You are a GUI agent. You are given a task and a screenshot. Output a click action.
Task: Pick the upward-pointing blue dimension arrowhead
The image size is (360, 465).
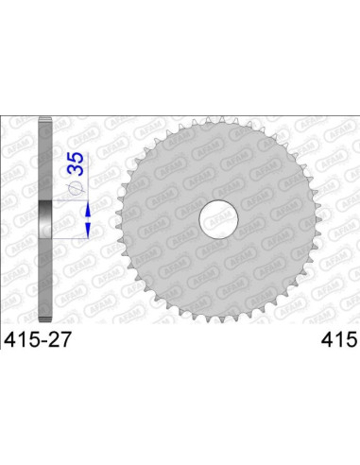(88, 177)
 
